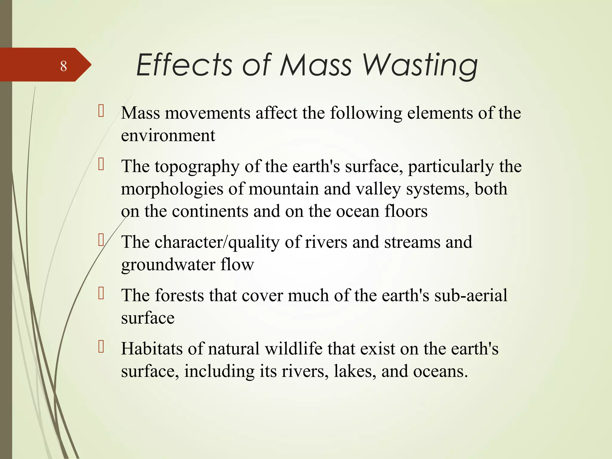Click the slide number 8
pos(63,66)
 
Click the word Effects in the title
pos(184,65)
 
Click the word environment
pos(168,135)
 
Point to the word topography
pos(197,167)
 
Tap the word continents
pos(210,211)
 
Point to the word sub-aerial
pos(471,295)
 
